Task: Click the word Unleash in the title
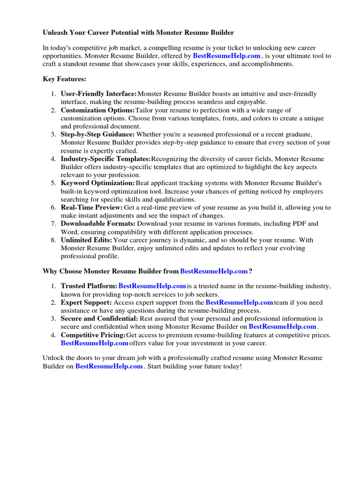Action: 55,33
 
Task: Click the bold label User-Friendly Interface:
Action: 98,94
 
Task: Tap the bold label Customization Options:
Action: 97,110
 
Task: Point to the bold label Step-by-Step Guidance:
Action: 97,135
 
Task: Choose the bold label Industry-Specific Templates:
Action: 105,159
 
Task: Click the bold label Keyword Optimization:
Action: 97,183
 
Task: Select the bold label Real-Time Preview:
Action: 92,207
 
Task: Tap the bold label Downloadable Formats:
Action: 98,224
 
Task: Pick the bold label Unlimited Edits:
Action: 86,240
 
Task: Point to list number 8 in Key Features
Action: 53,240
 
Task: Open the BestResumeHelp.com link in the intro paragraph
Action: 226,56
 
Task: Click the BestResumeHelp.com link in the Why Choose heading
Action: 214,271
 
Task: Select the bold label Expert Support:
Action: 86,302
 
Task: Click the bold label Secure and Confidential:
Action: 99,319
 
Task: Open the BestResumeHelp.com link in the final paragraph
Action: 109,366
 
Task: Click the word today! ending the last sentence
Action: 232,366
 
